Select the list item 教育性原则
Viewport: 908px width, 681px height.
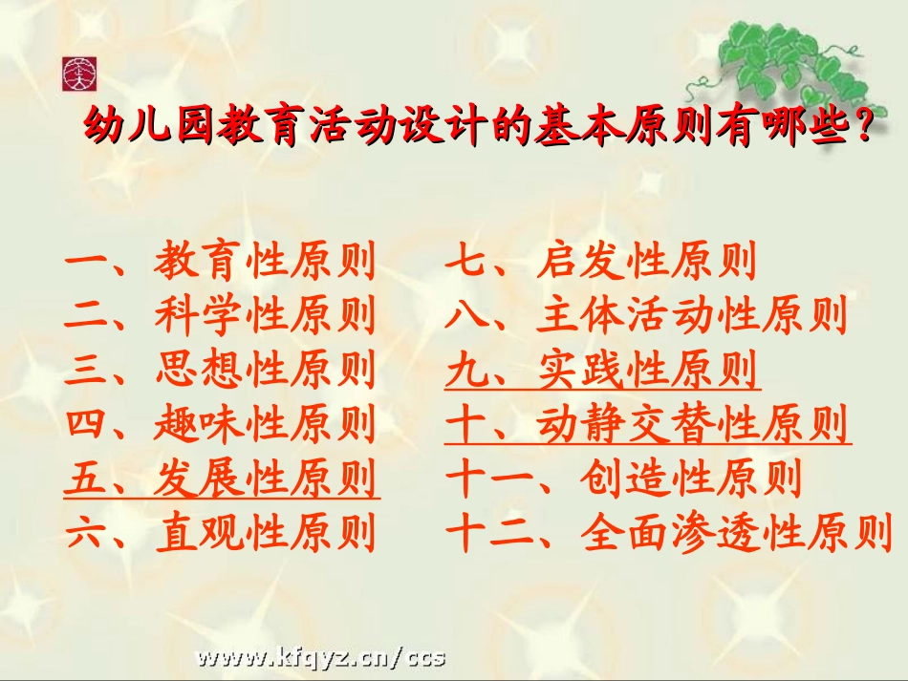(264, 262)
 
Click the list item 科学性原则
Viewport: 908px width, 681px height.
(264, 316)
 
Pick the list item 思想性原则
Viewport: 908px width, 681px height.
(264, 370)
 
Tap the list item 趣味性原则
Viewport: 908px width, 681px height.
(264, 424)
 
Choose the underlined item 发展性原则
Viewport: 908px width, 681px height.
(264, 479)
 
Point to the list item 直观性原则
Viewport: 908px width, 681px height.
(264, 533)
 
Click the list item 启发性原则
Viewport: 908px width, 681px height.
(646, 262)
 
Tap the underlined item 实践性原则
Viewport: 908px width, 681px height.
(646, 370)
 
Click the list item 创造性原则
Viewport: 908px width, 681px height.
(690, 479)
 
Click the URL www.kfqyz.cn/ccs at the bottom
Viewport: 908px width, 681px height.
(321, 657)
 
